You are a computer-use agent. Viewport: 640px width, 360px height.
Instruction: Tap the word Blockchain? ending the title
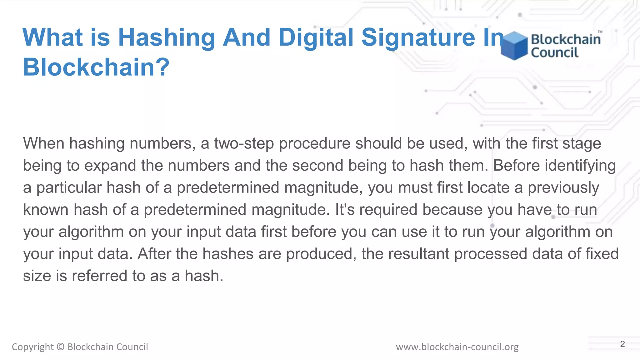point(96,67)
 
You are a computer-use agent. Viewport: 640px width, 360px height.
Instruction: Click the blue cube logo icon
point(514,46)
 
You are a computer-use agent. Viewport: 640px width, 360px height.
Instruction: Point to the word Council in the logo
point(555,52)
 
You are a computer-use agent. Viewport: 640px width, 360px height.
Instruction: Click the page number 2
point(622,344)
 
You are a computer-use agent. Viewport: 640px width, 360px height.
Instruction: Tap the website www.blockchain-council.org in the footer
point(457,347)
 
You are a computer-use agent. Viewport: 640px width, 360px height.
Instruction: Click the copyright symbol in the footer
point(61,347)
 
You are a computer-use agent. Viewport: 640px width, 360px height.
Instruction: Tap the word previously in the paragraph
point(563,188)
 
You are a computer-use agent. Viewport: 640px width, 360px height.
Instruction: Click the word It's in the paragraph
point(345,210)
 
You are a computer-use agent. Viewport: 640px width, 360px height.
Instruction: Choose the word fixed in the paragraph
point(602,254)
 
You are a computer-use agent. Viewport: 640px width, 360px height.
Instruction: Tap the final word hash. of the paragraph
point(204,276)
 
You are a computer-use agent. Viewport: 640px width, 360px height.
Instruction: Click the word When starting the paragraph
point(43,143)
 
